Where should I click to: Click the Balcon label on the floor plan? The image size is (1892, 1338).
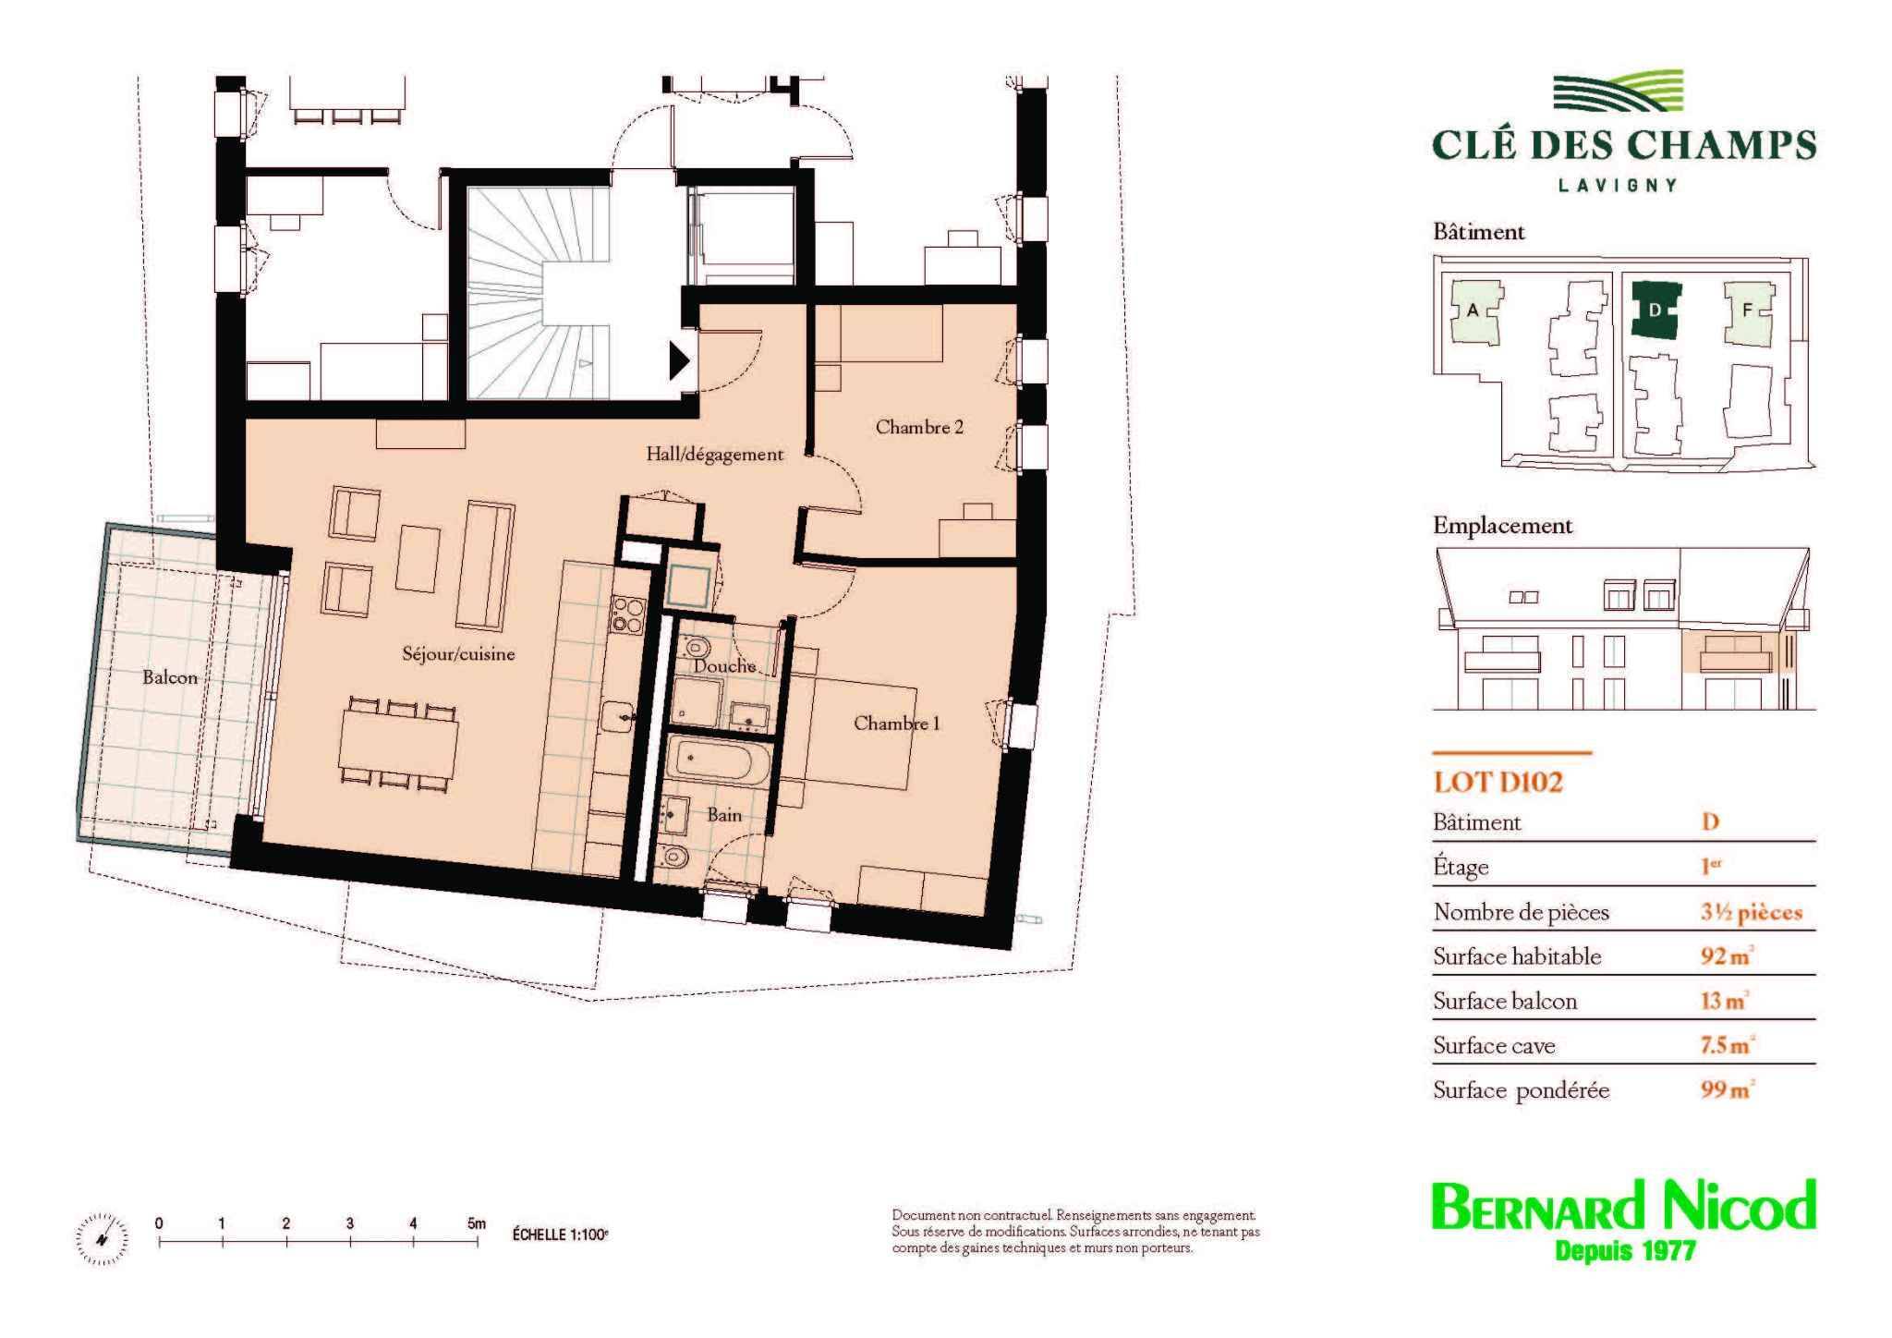(x=170, y=677)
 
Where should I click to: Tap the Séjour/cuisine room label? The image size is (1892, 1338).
(x=458, y=654)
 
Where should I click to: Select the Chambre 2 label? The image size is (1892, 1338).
(x=919, y=427)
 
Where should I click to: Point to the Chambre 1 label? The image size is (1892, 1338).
(x=896, y=723)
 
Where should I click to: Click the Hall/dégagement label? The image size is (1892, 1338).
(x=714, y=455)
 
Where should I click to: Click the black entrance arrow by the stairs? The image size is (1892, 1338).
(x=680, y=360)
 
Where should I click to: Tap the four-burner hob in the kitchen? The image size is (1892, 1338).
(x=627, y=614)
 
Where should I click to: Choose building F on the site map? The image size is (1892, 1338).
(x=1748, y=311)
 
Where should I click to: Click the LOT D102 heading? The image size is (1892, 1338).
(x=1498, y=783)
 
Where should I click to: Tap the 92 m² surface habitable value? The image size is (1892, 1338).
(x=1727, y=955)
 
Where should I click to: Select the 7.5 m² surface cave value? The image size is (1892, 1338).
(x=1728, y=1045)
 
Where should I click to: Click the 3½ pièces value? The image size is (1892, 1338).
(x=1752, y=912)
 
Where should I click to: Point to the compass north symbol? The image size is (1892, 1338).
(x=103, y=1237)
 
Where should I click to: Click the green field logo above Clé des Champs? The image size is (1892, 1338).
(x=1617, y=96)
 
